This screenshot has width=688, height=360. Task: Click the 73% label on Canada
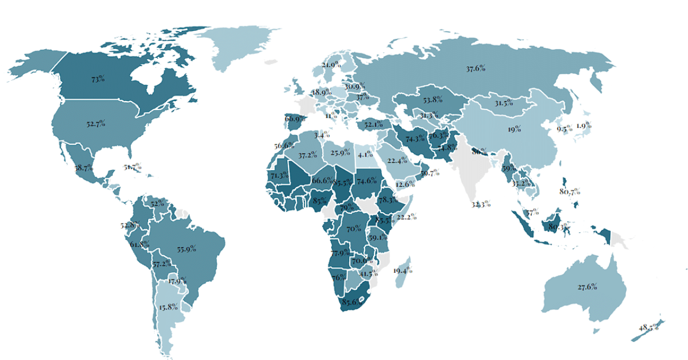(x=97, y=79)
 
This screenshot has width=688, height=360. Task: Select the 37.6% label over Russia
(x=475, y=69)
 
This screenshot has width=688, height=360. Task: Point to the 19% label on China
(x=513, y=130)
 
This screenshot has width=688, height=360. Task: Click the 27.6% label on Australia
(x=587, y=286)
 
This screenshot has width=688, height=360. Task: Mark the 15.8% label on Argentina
(x=169, y=307)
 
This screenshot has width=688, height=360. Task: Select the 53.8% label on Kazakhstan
(x=432, y=99)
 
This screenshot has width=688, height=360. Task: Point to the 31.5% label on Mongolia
(x=503, y=103)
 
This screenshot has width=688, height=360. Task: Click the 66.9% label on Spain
(x=295, y=119)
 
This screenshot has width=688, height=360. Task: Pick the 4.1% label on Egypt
(x=365, y=154)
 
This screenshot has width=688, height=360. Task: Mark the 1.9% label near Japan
(x=584, y=126)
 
